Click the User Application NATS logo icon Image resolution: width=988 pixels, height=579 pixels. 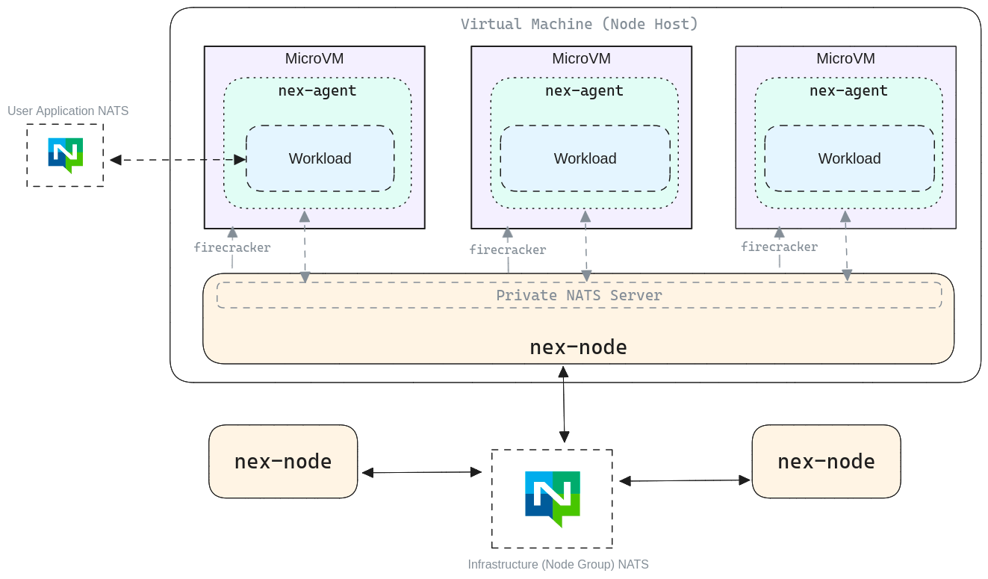coord(65,155)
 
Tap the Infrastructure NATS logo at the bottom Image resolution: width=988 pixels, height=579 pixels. coord(552,498)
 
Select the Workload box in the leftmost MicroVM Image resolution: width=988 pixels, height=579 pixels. coord(320,158)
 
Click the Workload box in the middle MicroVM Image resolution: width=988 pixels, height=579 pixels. coord(585,158)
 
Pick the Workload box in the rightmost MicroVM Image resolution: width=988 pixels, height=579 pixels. coord(849,158)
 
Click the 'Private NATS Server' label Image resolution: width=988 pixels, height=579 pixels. coord(579,295)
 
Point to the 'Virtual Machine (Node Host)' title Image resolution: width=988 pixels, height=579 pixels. coord(579,24)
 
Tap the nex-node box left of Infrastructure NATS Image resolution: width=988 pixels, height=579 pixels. coord(283,461)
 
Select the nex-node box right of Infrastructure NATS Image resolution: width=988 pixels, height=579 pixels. coord(826,461)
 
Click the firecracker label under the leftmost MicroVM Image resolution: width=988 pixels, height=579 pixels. coord(232,247)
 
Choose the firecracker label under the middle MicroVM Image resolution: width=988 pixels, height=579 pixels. coord(507,250)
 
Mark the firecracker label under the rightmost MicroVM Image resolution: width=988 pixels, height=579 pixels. coord(779,247)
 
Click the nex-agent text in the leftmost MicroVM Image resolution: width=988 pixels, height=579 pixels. coord(317,91)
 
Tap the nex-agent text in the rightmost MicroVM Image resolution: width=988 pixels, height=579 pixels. coord(848,91)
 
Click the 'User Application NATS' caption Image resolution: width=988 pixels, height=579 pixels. coord(68,111)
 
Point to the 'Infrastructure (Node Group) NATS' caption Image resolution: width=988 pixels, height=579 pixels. coord(558,565)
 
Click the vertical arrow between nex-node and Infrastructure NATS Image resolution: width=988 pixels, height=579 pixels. coord(564,403)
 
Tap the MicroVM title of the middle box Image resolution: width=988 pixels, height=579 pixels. coord(581,58)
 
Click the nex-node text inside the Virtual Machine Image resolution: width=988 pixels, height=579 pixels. coord(578,347)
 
